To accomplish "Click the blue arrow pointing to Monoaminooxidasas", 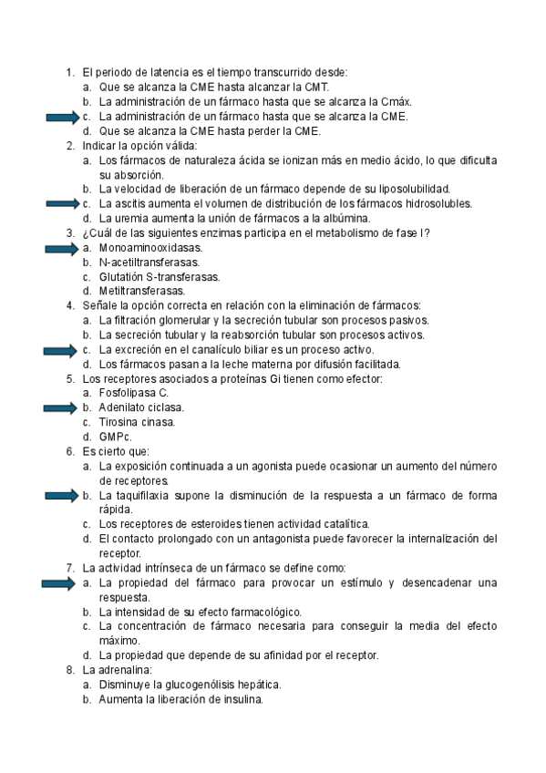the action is [x=62, y=248].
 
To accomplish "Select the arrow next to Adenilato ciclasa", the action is [x=62, y=408].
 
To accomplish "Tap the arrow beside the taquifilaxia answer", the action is [x=62, y=496].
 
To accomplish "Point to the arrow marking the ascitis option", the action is [x=62, y=204].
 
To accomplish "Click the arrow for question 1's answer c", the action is [x=62, y=117].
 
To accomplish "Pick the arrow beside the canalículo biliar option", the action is [x=62, y=350].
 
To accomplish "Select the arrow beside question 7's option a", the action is [x=62, y=582].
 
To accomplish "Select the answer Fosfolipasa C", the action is [x=134, y=394].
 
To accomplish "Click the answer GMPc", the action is [x=115, y=438].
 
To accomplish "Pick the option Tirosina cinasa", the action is [x=137, y=423].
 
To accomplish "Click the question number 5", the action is [x=70, y=379].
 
